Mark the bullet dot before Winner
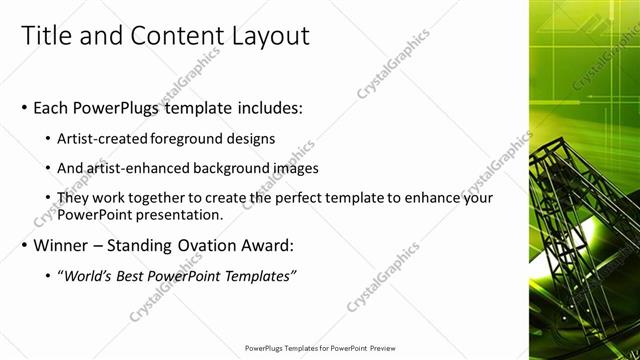24,245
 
